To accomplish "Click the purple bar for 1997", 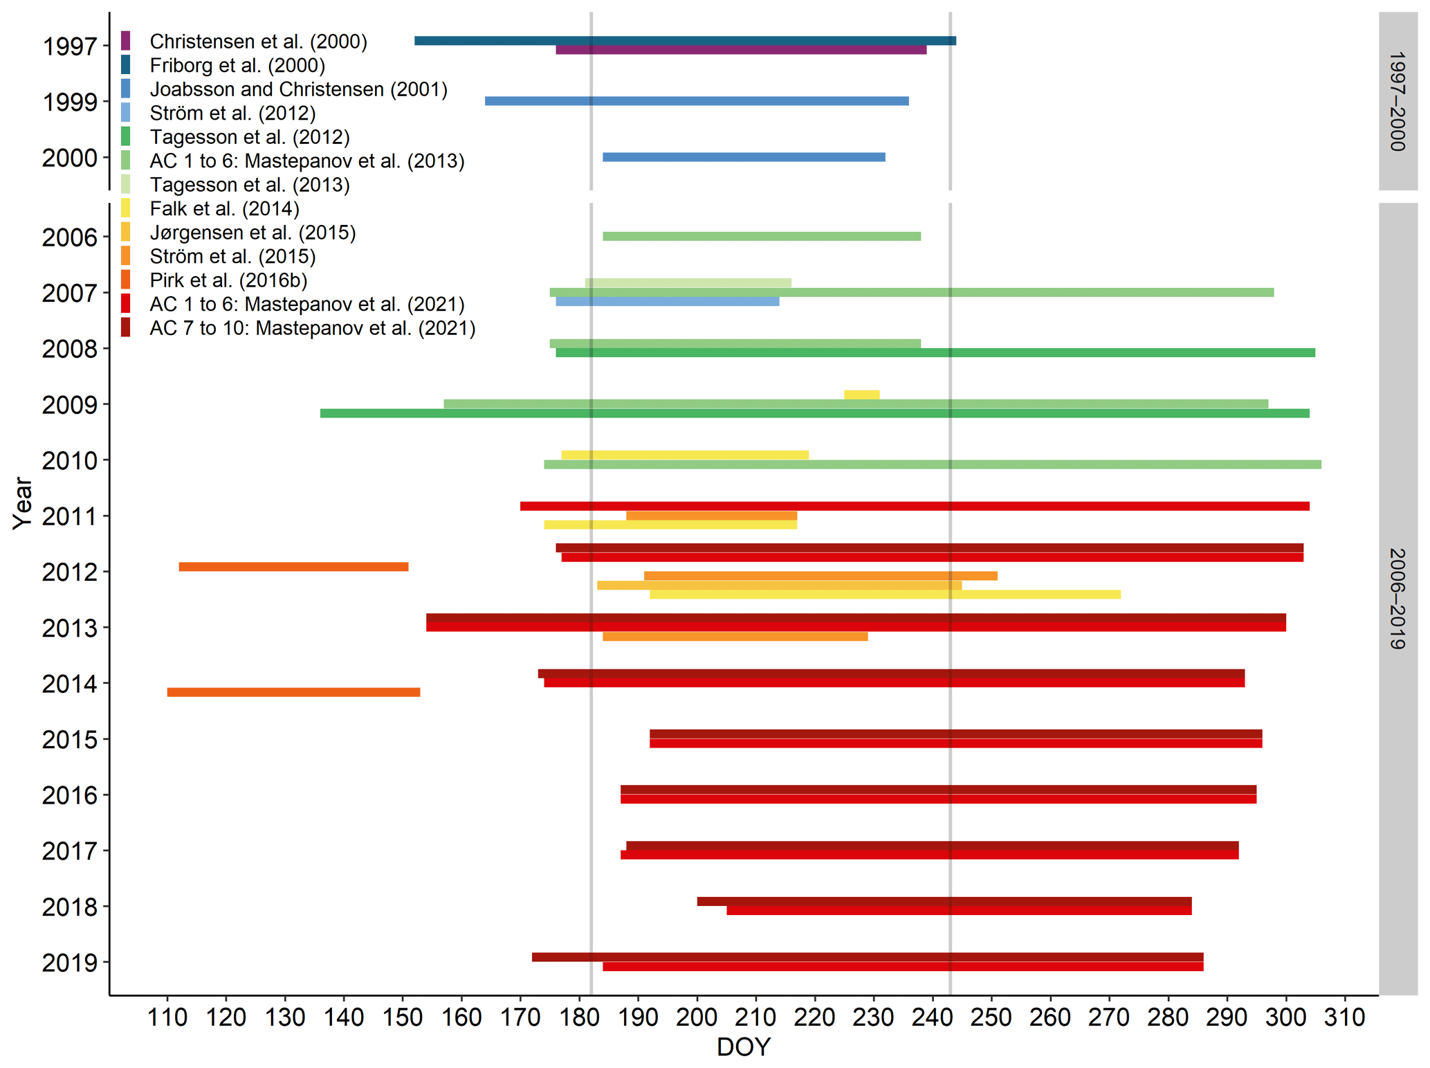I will (740, 50).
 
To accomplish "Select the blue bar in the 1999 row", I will (697, 101).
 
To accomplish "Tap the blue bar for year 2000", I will (744, 157).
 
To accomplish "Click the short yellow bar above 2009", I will (861, 395).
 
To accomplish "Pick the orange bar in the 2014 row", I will (293, 692).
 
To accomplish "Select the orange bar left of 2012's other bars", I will (293, 567).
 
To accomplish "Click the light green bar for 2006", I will (761, 237).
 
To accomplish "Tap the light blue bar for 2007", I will (667, 302).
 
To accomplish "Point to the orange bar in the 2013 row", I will (735, 637).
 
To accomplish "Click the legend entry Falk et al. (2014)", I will (224, 208).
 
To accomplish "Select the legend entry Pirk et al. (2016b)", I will (228, 280).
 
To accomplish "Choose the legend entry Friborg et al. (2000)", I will (237, 65).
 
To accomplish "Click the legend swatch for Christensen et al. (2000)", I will (125, 41).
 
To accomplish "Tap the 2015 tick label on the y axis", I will (69, 740).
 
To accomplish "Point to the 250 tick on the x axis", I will (991, 1017).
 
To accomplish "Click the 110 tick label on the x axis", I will (167, 1017).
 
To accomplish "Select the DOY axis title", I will (743, 1047).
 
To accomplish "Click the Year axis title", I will (22, 503).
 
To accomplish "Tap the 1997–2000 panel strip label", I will (1397, 101).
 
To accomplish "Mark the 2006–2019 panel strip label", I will (1397, 599).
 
